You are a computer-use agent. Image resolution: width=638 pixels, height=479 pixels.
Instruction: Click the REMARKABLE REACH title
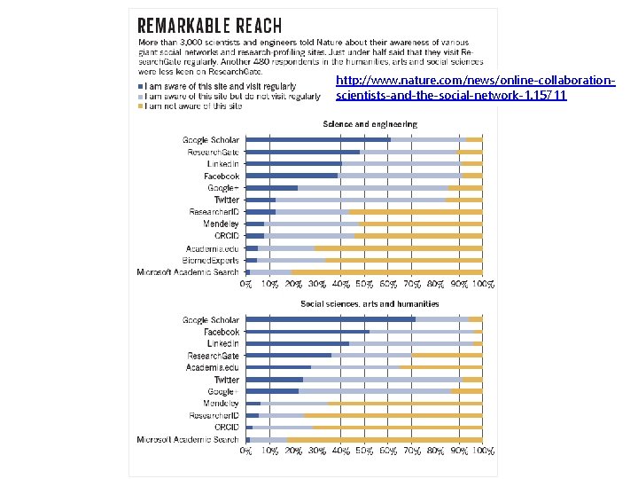click(x=211, y=25)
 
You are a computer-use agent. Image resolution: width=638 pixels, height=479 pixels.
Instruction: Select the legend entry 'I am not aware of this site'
click(x=193, y=106)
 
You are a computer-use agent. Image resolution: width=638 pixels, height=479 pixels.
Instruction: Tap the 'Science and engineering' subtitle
click(x=370, y=124)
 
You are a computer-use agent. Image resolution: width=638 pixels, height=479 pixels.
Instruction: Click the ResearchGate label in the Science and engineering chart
click(x=214, y=152)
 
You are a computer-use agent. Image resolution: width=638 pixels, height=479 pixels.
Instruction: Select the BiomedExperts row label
click(x=211, y=260)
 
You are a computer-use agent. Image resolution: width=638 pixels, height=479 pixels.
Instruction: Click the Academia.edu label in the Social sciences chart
click(x=213, y=367)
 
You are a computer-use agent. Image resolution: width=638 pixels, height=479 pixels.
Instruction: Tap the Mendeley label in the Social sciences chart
click(x=221, y=403)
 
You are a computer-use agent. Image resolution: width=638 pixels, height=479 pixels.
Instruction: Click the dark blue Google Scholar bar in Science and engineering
click(x=317, y=140)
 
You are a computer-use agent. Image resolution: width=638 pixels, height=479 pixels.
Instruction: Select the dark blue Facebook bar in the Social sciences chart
click(x=307, y=332)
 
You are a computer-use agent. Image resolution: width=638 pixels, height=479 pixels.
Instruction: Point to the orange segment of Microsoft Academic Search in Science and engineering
click(x=386, y=272)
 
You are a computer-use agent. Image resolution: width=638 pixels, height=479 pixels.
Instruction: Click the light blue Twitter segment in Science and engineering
click(x=360, y=200)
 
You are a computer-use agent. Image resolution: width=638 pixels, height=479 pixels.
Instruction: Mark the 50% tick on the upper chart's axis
click(x=364, y=285)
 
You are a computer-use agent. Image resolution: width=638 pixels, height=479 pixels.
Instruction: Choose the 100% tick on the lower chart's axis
click(x=482, y=452)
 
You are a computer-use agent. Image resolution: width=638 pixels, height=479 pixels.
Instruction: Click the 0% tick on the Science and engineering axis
click(x=246, y=285)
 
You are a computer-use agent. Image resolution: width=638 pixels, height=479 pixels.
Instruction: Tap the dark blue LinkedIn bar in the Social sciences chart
click(x=297, y=343)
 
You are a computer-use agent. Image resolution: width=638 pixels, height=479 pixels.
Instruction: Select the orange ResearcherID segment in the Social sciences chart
click(x=393, y=415)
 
